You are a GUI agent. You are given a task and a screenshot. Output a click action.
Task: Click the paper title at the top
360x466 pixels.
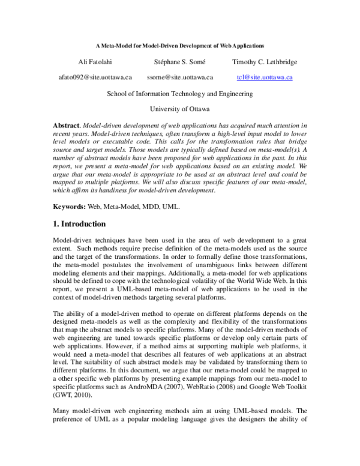pos(180,46)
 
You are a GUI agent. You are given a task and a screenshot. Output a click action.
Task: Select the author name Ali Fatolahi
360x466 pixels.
pos(95,62)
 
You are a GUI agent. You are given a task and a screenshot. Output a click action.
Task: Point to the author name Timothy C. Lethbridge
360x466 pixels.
pos(264,62)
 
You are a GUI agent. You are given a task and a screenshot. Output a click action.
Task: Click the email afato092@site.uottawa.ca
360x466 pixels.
pos(95,77)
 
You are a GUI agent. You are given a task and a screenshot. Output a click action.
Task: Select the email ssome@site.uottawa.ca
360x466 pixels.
pos(179,77)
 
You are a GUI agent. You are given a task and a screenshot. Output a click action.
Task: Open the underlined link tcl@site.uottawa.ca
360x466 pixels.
pos(265,77)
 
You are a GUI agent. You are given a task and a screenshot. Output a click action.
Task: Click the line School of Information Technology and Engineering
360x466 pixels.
pos(179,94)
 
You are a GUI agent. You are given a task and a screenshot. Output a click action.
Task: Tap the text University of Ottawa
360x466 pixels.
pos(179,109)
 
